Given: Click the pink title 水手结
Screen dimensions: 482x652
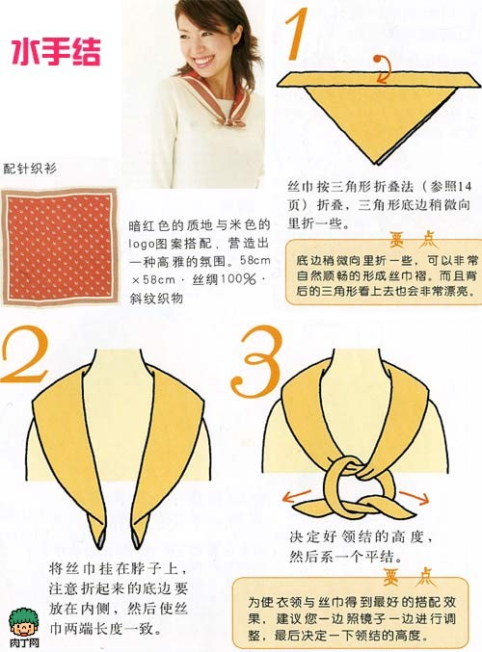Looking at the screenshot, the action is (x=56, y=52).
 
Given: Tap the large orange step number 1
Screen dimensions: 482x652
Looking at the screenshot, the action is (x=297, y=34).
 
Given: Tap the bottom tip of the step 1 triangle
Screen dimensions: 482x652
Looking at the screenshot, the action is (x=378, y=164).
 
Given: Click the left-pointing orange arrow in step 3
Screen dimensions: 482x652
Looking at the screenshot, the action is (x=296, y=496).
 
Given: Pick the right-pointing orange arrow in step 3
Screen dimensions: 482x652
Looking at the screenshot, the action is (x=415, y=497).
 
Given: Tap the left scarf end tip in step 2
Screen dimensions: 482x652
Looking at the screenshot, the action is (x=100, y=546).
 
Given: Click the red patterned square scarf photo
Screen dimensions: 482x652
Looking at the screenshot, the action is (x=60, y=247).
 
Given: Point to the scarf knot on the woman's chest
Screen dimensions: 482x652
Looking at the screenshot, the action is (x=228, y=119).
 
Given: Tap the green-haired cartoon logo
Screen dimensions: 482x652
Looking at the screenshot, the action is (x=23, y=621).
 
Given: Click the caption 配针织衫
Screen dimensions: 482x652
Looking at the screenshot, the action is (x=30, y=169).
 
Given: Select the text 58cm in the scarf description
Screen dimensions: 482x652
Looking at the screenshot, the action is (x=255, y=261).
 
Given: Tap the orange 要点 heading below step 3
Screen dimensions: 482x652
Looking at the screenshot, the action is (x=409, y=577).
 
